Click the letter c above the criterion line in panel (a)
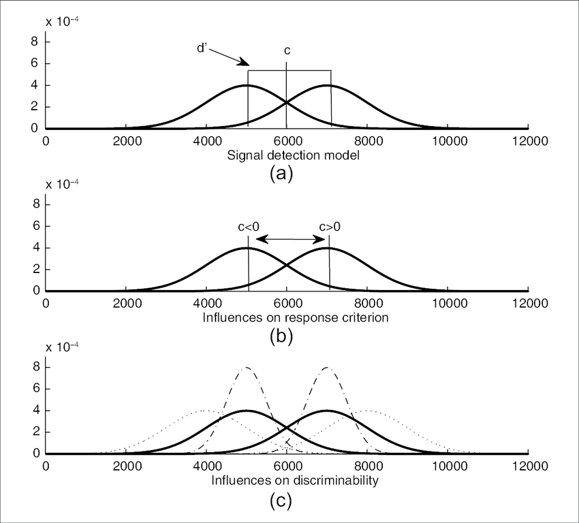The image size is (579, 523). [287, 51]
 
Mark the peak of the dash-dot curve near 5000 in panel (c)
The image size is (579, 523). [247, 368]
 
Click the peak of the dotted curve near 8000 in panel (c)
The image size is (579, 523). [367, 411]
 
